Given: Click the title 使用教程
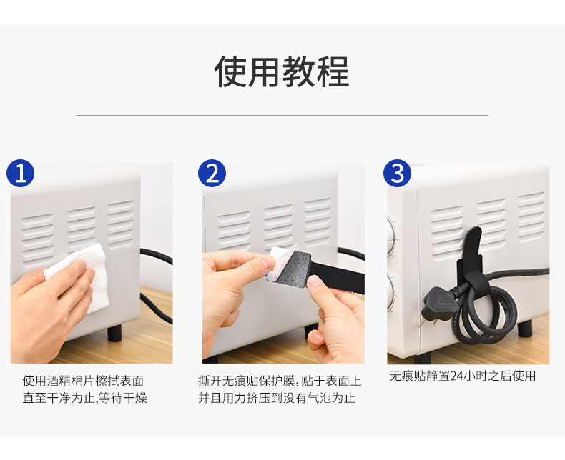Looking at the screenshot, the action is [281, 71].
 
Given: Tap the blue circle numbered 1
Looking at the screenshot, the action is [21, 173].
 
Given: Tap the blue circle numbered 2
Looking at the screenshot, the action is [212, 173].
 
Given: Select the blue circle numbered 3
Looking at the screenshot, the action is [397, 173].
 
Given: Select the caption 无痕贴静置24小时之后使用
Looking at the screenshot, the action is [462, 376].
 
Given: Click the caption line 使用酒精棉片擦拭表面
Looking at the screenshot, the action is [83, 381].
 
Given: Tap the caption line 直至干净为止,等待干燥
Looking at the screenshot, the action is [85, 398].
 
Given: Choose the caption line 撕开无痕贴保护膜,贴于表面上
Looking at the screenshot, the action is [279, 381].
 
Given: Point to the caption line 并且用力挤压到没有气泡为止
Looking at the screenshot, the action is [277, 398].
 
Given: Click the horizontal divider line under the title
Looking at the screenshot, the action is [282, 115].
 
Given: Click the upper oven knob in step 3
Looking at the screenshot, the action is [391, 236].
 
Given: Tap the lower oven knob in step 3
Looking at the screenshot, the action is [392, 292].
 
